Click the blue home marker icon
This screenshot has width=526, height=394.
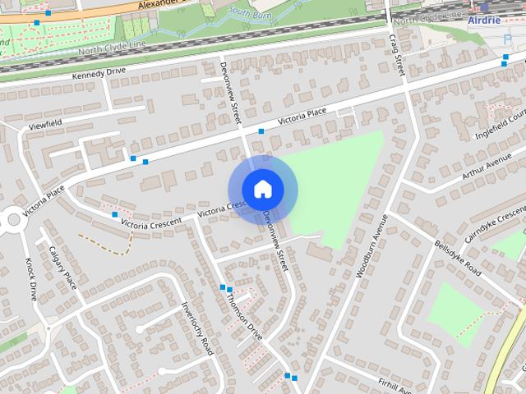click(262, 189)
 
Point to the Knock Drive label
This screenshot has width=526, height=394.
click(30, 279)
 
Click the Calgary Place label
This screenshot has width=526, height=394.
click(63, 268)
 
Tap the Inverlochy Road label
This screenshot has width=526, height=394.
click(197, 328)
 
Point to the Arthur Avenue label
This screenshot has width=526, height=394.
click(487, 172)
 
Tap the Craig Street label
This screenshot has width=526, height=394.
click(397, 54)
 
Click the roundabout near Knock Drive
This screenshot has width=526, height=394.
click(12, 219)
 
